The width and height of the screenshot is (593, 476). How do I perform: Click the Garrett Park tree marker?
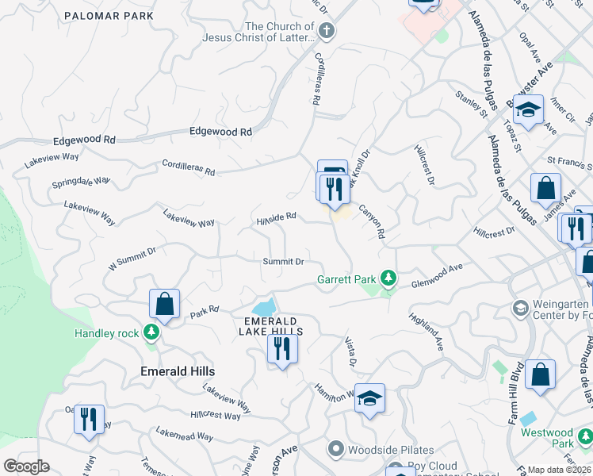388,278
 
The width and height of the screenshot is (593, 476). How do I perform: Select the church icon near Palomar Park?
327,33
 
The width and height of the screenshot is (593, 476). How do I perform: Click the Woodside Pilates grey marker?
335,450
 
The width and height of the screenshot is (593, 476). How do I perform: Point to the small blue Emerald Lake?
264,307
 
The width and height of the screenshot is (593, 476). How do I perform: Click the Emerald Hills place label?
178,371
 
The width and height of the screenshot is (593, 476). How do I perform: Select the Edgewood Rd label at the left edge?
84,140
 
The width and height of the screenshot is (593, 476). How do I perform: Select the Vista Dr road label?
350,351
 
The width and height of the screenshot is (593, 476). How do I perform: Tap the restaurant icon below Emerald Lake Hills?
282,348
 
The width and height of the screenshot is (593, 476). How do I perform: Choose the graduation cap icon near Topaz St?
528,110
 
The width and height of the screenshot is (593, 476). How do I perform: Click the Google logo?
26,466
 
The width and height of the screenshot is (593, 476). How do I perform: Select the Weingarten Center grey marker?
521,308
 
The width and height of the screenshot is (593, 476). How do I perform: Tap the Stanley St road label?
470,106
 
